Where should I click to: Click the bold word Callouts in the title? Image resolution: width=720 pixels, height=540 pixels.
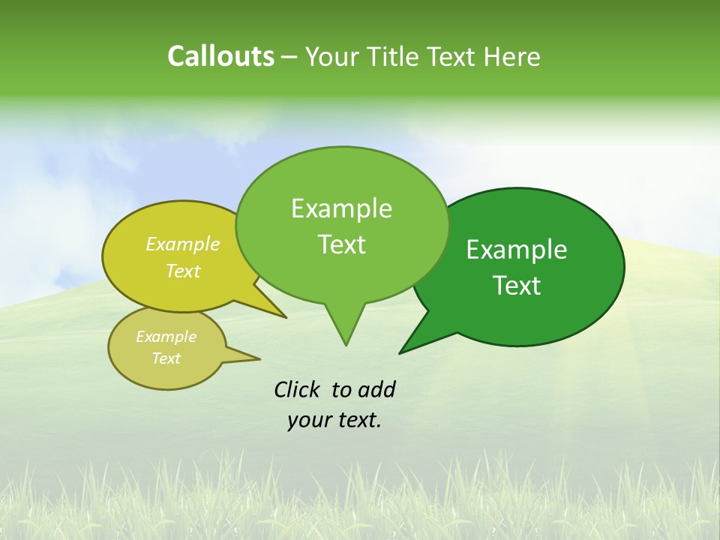tap(220, 56)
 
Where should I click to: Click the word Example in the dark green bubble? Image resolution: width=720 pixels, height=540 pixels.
tap(517, 250)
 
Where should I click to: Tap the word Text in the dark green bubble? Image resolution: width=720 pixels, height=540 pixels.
tap(517, 286)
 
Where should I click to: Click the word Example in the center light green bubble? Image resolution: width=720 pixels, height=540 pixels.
tap(341, 208)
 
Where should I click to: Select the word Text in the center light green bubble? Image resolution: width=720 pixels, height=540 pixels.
tap(341, 244)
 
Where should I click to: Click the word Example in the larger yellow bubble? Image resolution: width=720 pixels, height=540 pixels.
tap(183, 244)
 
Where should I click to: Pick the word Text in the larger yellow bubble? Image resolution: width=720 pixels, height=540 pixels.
tap(183, 271)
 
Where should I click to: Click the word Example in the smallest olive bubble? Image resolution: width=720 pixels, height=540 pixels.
tap(166, 337)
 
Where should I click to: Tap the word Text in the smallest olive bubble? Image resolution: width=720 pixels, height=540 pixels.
tap(166, 358)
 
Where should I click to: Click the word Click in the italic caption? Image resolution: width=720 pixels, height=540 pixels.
tap(298, 389)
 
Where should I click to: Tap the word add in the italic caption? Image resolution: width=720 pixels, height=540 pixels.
tap(376, 389)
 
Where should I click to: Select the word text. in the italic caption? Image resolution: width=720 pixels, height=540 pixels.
tap(357, 420)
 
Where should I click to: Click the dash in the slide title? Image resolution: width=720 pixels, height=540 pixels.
tap(289, 57)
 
